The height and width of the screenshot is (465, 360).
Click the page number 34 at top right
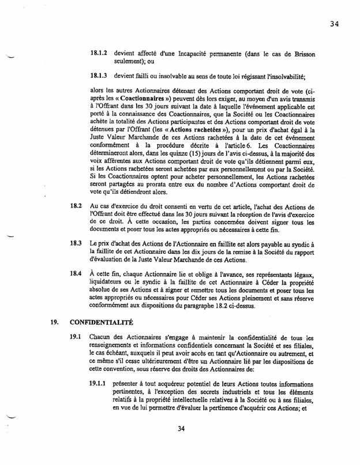[x=336, y=24]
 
